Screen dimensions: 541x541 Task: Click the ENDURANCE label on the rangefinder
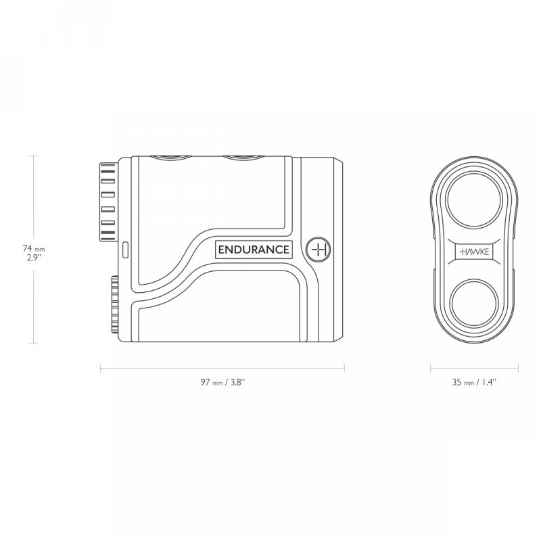pyautogui.click(x=254, y=250)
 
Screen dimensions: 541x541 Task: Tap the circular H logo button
pyautogui.click(x=319, y=250)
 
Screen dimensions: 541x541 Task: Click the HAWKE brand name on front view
pyautogui.click(x=474, y=252)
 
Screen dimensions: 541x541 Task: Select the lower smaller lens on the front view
pyautogui.click(x=474, y=304)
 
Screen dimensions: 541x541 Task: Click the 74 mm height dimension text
pyautogui.click(x=34, y=248)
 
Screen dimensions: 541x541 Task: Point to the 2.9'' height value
pyautogui.click(x=34, y=258)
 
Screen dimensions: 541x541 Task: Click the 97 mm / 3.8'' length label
pyautogui.click(x=223, y=382)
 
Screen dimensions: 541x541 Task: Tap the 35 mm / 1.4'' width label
pyautogui.click(x=475, y=382)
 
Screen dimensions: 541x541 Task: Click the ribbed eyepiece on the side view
pyautogui.click(x=108, y=202)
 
